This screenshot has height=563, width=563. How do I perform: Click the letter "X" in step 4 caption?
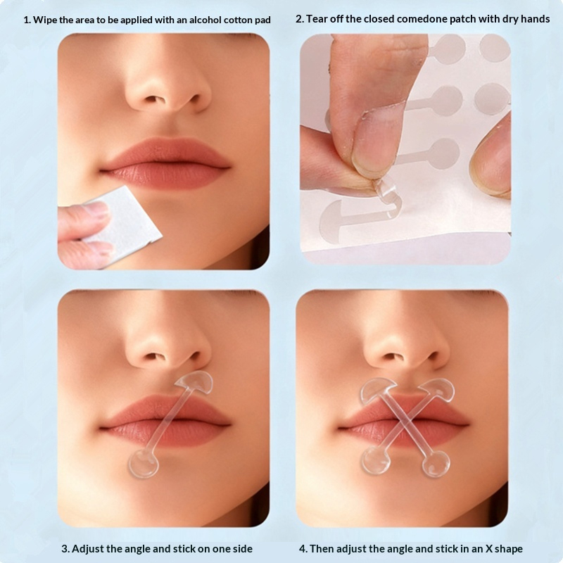489,549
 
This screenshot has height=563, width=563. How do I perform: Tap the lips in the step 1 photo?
165,163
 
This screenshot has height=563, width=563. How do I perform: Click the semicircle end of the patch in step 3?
196,382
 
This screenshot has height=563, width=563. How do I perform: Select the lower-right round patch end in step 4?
436,464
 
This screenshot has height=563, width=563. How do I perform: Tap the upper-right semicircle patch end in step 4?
438,391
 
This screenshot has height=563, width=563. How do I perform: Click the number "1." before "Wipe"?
27,20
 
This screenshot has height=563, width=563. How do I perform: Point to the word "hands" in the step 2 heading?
536,19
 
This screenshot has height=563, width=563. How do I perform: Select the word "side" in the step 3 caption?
242,549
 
